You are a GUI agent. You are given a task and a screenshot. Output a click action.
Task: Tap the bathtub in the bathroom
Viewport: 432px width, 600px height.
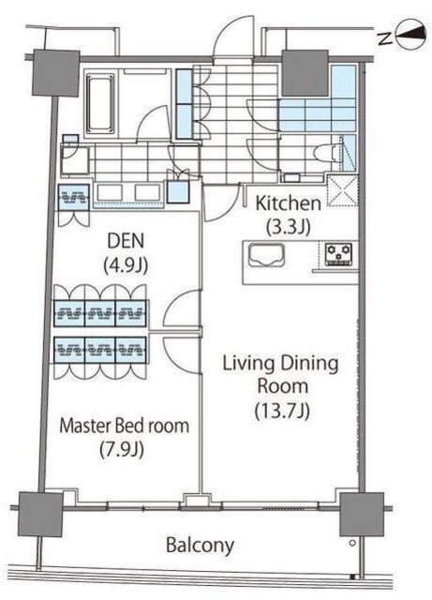pyautogui.click(x=100, y=103)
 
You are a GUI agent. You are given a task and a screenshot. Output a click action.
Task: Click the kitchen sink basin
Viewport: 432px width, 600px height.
pyautogui.click(x=267, y=255)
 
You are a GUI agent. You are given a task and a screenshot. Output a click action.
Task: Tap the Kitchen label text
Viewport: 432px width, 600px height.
pyautogui.click(x=288, y=203)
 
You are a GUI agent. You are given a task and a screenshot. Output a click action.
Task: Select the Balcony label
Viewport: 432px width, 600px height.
pyautogui.click(x=201, y=546)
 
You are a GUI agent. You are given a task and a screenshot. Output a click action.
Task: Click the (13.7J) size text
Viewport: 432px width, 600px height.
pyautogui.click(x=282, y=411)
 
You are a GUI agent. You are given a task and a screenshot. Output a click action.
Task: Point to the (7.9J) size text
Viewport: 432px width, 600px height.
pyautogui.click(x=122, y=449)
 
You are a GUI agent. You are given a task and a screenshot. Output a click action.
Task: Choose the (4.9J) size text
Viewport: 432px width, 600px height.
pyautogui.click(x=126, y=265)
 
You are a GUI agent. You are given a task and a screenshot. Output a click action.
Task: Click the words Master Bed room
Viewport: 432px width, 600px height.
pyautogui.click(x=125, y=426)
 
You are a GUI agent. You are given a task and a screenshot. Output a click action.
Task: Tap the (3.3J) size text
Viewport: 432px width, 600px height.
pyautogui.click(x=288, y=227)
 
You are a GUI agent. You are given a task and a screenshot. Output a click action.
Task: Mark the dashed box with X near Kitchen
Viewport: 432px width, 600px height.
pyautogui.click(x=342, y=190)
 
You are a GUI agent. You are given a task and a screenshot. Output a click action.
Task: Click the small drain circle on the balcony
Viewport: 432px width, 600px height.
pyautogui.click(x=352, y=543)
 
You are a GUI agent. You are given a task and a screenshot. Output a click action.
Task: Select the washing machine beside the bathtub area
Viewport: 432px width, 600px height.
pyautogui.click(x=76, y=159)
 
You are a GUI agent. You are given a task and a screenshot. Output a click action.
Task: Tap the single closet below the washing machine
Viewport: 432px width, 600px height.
pyautogui.click(x=73, y=198)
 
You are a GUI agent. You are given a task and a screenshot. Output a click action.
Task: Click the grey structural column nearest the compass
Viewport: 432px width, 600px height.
pyautogui.click(x=305, y=73)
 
